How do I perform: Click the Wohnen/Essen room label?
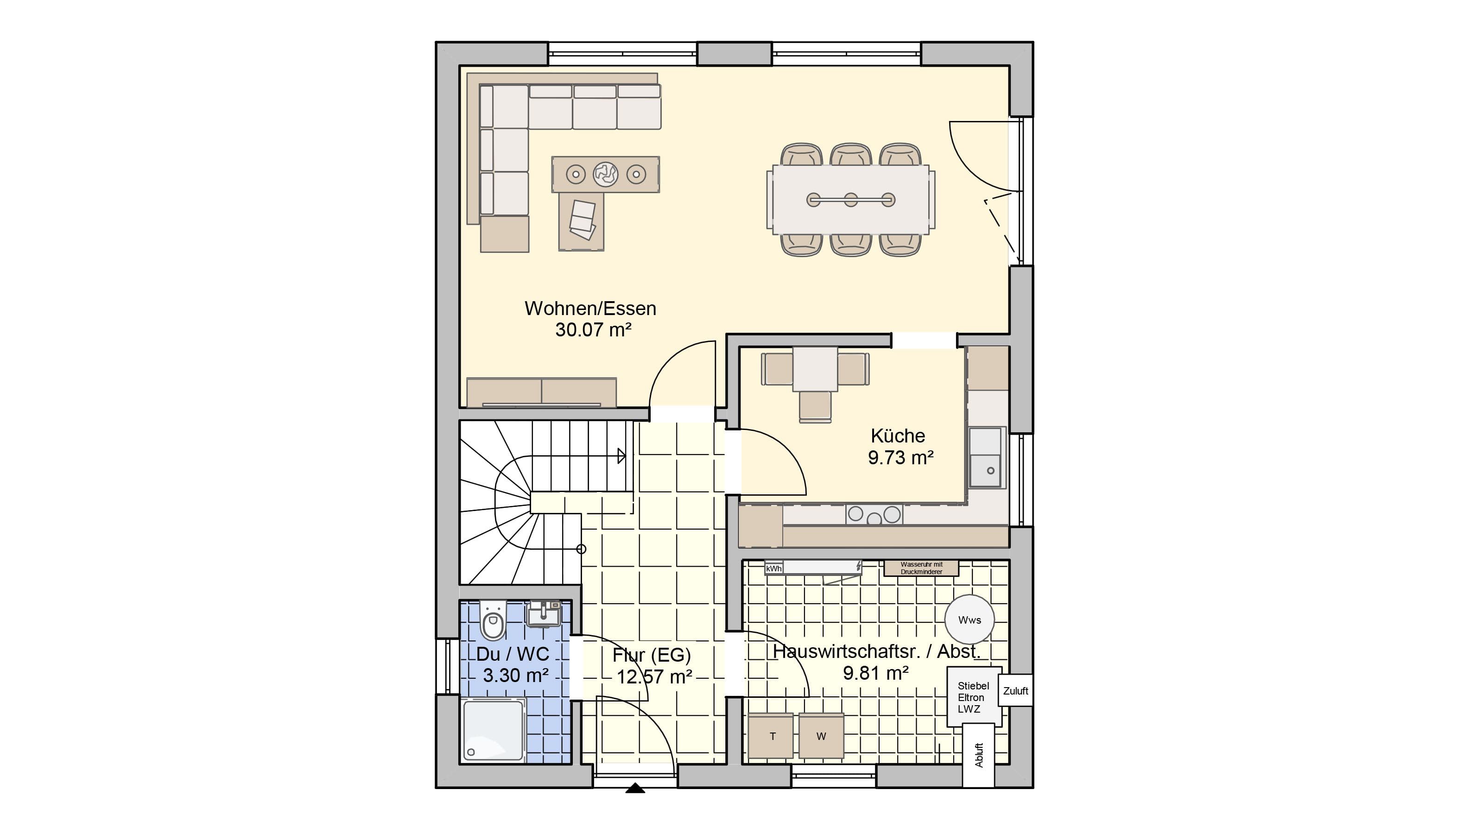point(590,309)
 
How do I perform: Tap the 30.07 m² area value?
point(593,330)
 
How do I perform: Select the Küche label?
point(898,436)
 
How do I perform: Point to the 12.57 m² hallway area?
point(654,677)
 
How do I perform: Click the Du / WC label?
point(513,654)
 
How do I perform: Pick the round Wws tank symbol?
point(970,620)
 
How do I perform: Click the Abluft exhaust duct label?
point(979,755)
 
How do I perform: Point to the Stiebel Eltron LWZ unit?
point(974,697)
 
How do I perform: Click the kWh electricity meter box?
point(774,568)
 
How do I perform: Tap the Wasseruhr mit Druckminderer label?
point(921,568)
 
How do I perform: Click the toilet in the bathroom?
point(493,620)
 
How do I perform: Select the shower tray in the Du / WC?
point(494,729)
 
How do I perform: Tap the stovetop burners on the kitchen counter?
point(874,515)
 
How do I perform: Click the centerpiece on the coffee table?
point(606,174)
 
